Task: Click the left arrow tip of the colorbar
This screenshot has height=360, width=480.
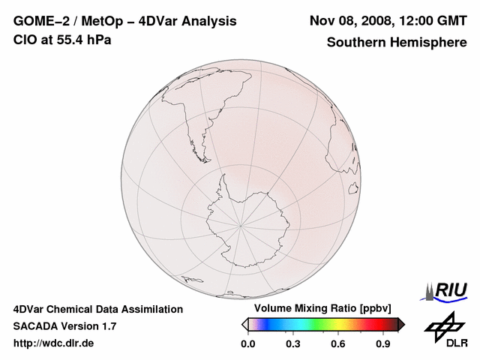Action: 244,324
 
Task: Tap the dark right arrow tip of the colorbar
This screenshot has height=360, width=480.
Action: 401,324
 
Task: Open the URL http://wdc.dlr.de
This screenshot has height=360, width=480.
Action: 54,343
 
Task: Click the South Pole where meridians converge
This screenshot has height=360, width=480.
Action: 241,223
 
